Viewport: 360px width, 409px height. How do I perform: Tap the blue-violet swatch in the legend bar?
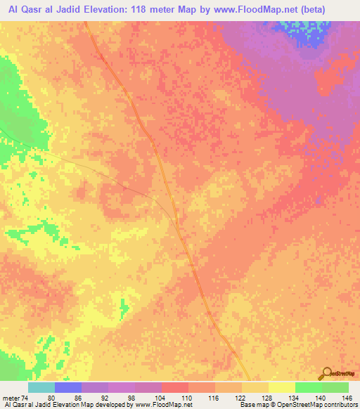tap(67, 387)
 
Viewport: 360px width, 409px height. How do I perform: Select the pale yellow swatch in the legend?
tap(281, 387)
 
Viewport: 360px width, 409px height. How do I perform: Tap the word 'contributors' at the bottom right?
tap(337, 405)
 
